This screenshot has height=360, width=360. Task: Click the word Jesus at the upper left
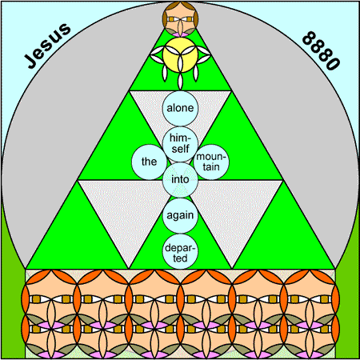pyautogui.click(x=48, y=46)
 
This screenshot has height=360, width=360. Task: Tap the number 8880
pyautogui.click(x=321, y=50)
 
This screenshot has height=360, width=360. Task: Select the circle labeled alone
pyautogui.click(x=180, y=108)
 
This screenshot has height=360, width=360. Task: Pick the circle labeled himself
pyautogui.click(x=180, y=144)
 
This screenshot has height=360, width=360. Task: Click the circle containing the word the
pyautogui.click(x=149, y=162)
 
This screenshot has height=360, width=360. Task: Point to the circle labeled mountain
pyautogui.click(x=211, y=162)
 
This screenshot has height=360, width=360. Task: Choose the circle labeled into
pyautogui.click(x=180, y=180)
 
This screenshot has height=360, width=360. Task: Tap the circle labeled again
pyautogui.click(x=180, y=215)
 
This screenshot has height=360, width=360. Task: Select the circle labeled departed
pyautogui.click(x=180, y=251)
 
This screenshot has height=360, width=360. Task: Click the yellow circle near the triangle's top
pyautogui.click(x=180, y=55)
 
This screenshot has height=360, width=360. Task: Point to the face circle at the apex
pyautogui.click(x=180, y=19)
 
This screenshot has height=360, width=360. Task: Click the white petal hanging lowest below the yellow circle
pyautogui.click(x=180, y=82)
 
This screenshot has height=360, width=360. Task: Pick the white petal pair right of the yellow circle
pyautogui.click(x=204, y=55)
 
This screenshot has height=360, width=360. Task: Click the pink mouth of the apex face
pyautogui.click(x=180, y=34)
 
